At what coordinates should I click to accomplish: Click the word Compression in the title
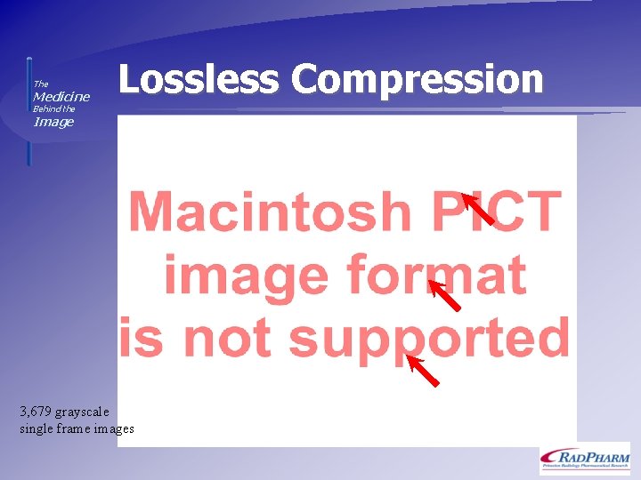click(x=417, y=79)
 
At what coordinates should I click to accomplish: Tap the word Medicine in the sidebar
click(x=61, y=96)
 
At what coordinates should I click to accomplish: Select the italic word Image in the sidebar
click(x=53, y=122)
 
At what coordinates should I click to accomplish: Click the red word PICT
click(x=498, y=212)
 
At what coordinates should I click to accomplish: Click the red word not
click(x=228, y=338)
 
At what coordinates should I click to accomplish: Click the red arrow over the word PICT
click(x=478, y=209)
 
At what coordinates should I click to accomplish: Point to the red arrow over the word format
click(x=444, y=295)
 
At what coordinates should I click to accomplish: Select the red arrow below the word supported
click(x=422, y=370)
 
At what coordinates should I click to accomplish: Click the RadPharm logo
click(x=584, y=458)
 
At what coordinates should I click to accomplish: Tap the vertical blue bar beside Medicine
click(x=28, y=111)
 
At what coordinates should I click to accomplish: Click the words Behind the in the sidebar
click(x=53, y=109)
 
